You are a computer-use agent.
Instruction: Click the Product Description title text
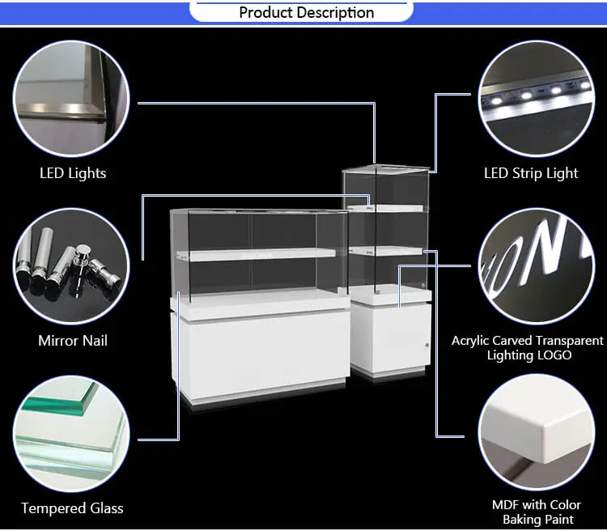306,12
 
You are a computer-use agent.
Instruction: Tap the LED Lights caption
73,172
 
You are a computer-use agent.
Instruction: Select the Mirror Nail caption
73,340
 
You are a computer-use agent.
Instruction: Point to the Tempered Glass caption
72,508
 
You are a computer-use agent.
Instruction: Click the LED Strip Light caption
531,172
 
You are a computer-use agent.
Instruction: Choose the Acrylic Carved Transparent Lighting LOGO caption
528,348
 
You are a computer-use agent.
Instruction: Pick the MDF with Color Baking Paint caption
537,512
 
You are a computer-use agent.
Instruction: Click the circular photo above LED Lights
72,97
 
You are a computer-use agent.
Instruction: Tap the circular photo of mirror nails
72,266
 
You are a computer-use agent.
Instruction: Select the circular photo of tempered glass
72,435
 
